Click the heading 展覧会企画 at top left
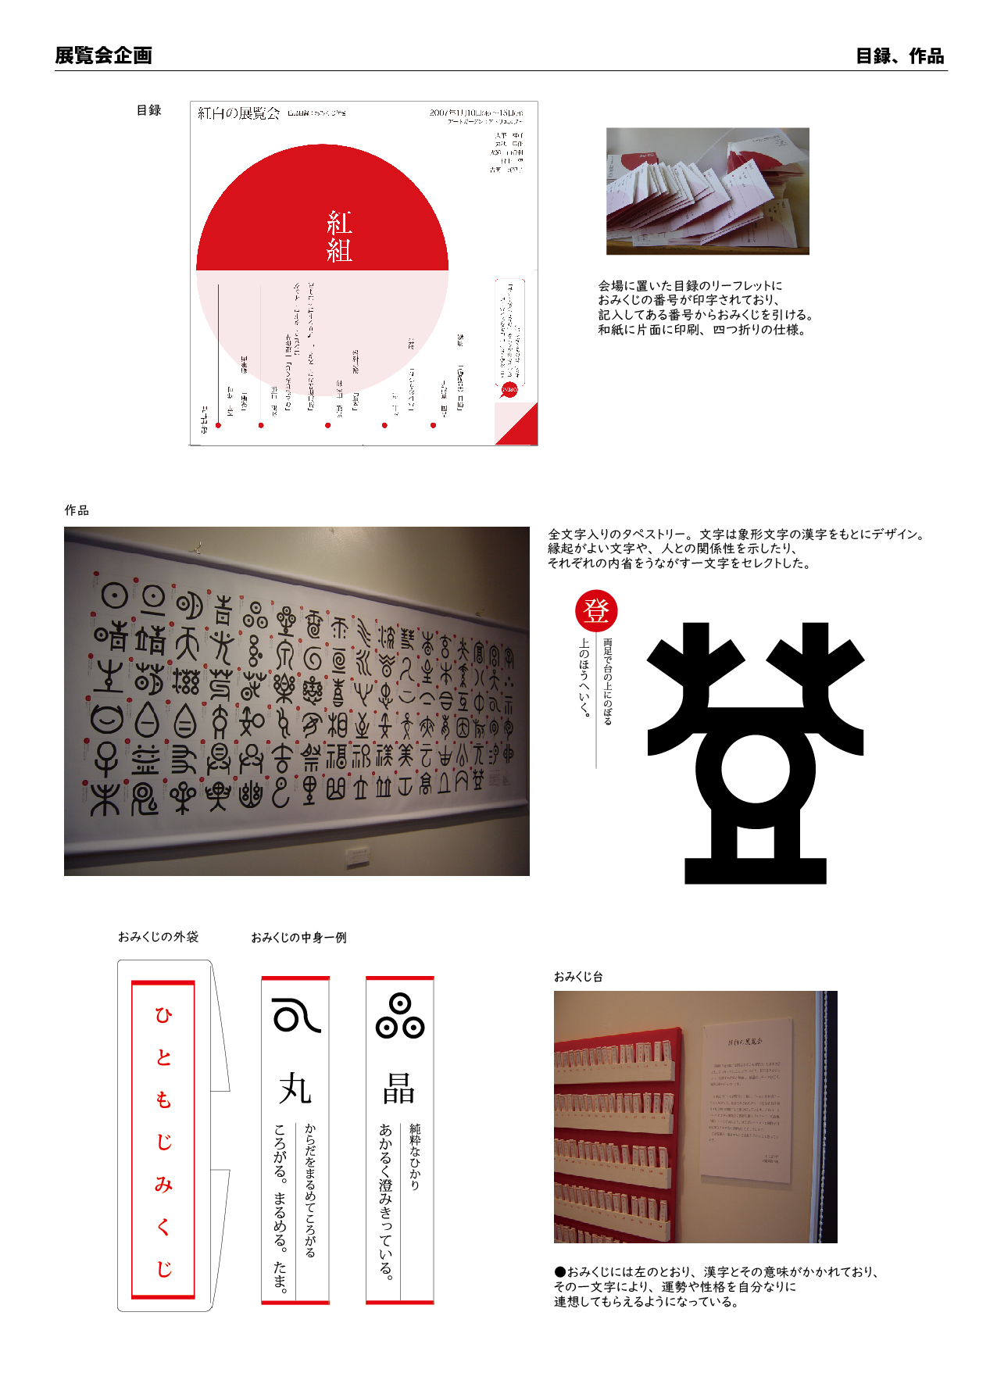point(103,55)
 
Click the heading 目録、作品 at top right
point(899,56)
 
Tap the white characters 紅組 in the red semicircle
point(339,237)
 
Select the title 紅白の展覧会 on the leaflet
point(238,113)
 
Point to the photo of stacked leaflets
point(707,191)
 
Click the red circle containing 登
point(596,611)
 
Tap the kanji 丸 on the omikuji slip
point(295,1088)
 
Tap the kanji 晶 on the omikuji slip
point(398,1088)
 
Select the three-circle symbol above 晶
point(399,1016)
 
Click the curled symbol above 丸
point(295,1016)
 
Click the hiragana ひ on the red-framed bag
point(163,1015)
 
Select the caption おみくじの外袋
point(158,936)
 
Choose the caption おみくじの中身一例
point(298,937)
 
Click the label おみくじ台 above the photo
point(577,976)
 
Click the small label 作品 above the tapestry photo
point(77,510)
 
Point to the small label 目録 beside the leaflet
point(148,110)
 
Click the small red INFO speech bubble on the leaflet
point(509,390)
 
